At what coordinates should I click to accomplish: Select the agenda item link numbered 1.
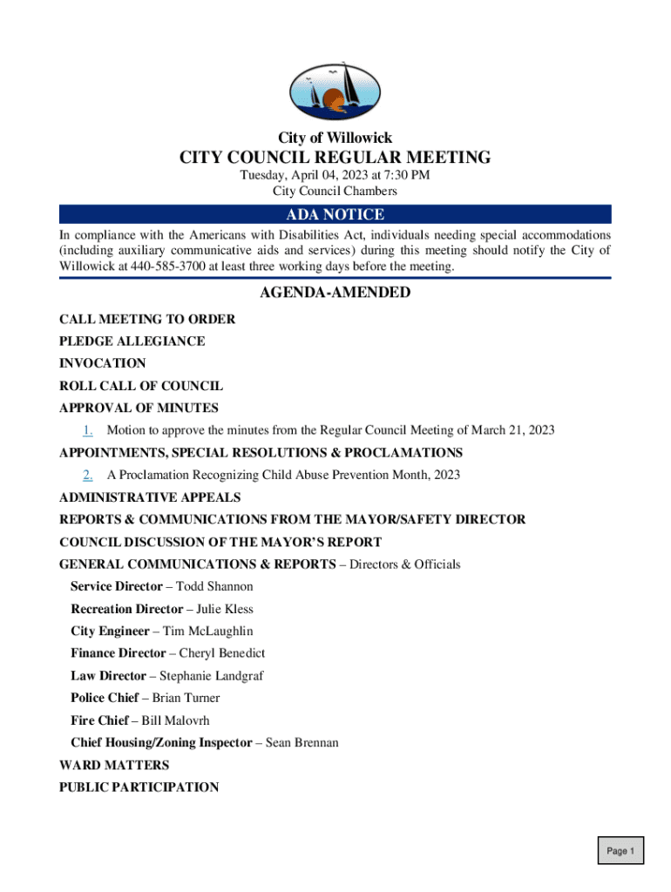pyautogui.click(x=88, y=430)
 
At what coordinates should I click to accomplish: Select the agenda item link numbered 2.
pyautogui.click(x=88, y=475)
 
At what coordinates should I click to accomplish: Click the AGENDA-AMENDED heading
pyautogui.click(x=335, y=293)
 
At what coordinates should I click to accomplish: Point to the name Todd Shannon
pyautogui.click(x=214, y=587)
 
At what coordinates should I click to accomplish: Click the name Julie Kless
pyautogui.click(x=225, y=609)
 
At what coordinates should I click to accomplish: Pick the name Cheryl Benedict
pyautogui.click(x=222, y=652)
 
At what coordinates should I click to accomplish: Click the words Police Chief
pyautogui.click(x=104, y=698)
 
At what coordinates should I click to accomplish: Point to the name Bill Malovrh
pyautogui.click(x=175, y=720)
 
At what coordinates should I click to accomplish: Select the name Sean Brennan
pyautogui.click(x=302, y=743)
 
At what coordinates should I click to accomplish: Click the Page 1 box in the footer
pyautogui.click(x=620, y=851)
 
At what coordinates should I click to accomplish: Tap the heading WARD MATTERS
pyautogui.click(x=114, y=765)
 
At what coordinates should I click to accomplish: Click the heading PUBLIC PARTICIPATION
pyautogui.click(x=139, y=787)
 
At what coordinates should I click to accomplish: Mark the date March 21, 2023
pyautogui.click(x=513, y=430)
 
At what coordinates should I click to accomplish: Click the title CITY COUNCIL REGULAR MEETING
pyautogui.click(x=335, y=158)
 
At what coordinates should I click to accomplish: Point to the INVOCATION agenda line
pyautogui.click(x=103, y=363)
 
